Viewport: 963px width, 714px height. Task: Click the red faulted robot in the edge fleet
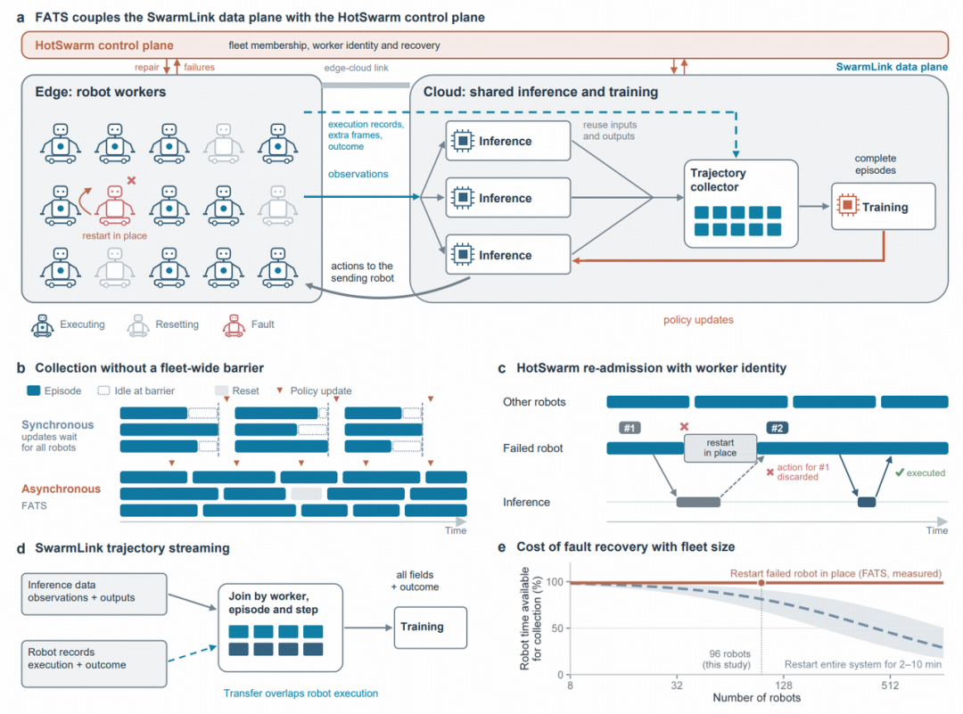(115, 206)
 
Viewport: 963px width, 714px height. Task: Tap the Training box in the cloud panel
(883, 206)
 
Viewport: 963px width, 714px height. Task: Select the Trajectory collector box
(741, 203)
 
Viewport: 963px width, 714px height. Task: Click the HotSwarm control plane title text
(103, 45)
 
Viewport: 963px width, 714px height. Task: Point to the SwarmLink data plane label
(891, 67)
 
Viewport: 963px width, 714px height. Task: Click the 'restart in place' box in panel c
(720, 447)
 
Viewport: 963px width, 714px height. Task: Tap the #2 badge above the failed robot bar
(777, 428)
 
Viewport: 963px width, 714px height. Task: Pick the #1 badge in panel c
(630, 428)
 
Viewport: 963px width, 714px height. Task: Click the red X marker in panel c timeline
(684, 427)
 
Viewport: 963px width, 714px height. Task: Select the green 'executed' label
(920, 472)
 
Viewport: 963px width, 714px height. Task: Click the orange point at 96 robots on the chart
(761, 583)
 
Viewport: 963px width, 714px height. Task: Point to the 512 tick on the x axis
(890, 685)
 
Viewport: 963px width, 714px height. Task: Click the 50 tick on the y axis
(556, 628)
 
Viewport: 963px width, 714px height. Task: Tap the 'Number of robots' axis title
(757, 698)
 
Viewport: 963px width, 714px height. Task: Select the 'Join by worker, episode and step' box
(281, 628)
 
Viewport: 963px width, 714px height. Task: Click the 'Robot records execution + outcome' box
(94, 664)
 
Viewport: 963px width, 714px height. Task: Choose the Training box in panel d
(430, 628)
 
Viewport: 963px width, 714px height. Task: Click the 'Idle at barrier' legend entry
(136, 390)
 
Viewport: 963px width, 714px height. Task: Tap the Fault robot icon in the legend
(234, 325)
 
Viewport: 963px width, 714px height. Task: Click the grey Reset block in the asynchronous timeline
(307, 494)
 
